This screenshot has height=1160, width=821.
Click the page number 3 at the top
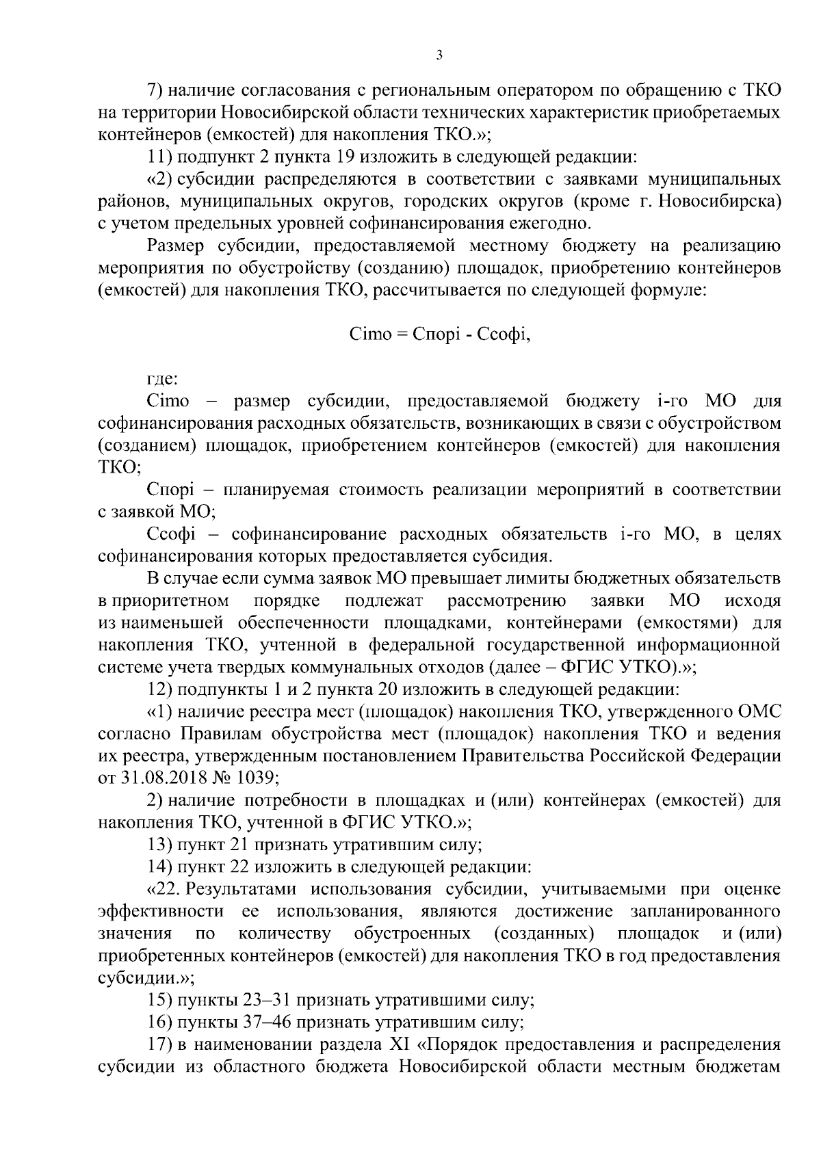coord(439,55)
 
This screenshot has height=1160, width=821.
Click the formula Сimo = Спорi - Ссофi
coord(439,335)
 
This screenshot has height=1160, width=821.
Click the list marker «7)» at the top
coord(156,90)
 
